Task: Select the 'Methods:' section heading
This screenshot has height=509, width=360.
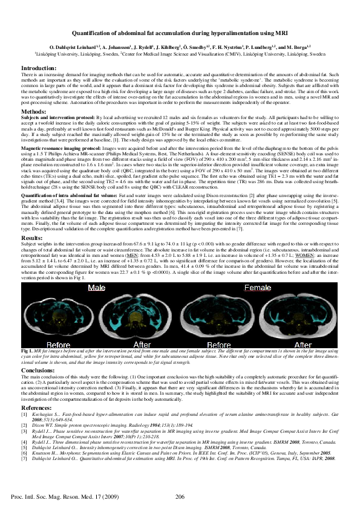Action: point(33,112)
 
